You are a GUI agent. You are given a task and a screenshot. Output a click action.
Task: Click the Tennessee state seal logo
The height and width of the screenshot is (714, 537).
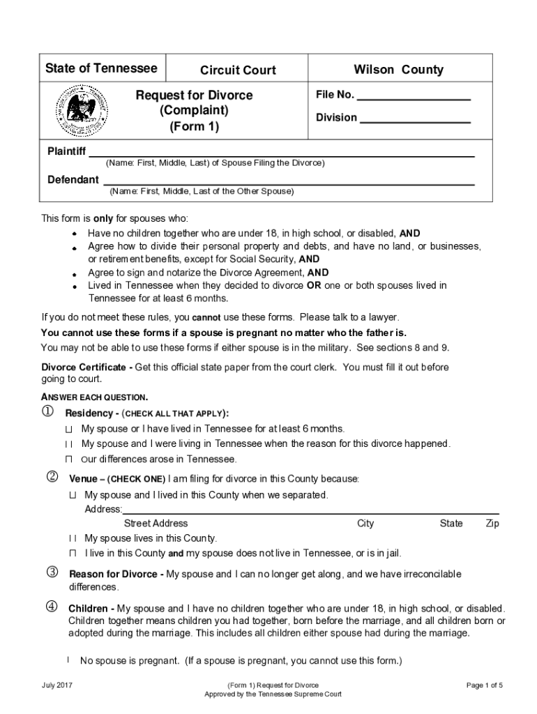82,111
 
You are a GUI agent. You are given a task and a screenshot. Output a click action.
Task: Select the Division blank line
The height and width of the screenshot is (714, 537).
415,123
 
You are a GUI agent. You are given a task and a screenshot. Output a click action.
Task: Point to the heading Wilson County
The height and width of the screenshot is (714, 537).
398,69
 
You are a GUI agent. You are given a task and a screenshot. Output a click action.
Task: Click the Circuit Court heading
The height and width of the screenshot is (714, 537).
238,70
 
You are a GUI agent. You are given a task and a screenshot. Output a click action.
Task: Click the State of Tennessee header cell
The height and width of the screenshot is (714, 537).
101,68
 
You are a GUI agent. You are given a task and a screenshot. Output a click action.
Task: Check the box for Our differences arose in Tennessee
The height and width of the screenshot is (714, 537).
69,459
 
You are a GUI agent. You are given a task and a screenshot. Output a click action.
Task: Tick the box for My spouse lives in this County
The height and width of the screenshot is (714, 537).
72,539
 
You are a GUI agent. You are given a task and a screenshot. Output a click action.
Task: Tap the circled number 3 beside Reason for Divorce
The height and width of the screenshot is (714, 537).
52,573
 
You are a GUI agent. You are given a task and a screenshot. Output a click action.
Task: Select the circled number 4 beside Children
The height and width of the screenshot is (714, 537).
52,606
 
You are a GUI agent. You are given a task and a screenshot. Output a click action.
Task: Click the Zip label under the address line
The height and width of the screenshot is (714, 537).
492,524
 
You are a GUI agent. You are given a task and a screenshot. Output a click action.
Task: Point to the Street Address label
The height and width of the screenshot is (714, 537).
156,524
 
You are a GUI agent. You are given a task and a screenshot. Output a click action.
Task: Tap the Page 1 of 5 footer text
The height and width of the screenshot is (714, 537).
484,685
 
